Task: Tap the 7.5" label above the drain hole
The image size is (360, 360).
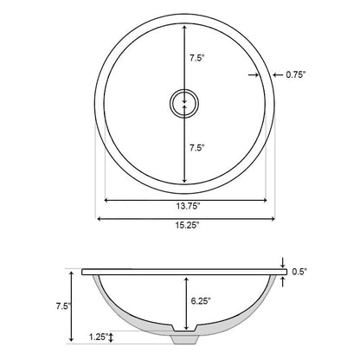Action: tap(197, 59)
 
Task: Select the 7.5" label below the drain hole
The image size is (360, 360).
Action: tap(197, 146)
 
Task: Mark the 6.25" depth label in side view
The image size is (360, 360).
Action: tap(199, 301)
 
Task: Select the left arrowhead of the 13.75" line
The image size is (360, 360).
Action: tap(107, 200)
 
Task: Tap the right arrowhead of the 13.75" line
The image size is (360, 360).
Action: tap(259, 200)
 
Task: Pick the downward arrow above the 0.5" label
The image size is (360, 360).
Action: tap(284, 263)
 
